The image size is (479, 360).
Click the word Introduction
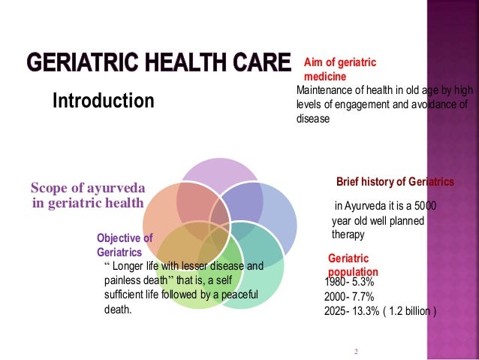(103, 100)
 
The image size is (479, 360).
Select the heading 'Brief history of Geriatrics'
(395, 182)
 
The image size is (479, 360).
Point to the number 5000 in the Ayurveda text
(426, 206)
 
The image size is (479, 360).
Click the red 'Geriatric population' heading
(353, 265)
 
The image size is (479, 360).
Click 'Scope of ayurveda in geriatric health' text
(87, 195)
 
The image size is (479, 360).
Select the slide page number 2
(357, 351)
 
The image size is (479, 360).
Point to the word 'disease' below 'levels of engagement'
(314, 117)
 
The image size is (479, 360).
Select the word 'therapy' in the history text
(348, 234)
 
